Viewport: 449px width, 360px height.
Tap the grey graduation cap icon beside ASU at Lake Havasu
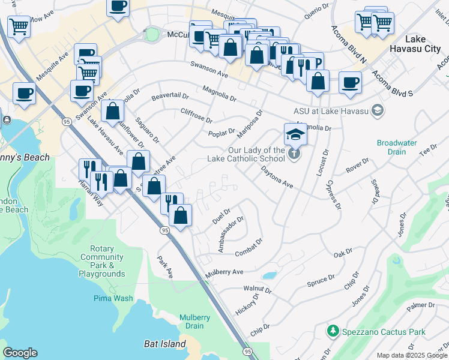pos(378,110)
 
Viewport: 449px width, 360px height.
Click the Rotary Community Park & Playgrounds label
pos(101,261)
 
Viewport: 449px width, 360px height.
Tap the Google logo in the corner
pos(20,353)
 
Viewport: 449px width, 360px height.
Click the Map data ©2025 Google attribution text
pos(411,355)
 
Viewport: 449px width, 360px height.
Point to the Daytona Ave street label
pos(276,178)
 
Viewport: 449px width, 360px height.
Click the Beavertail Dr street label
pos(170,96)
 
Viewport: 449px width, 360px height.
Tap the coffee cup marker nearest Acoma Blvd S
pos(350,83)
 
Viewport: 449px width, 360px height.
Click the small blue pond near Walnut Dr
pos(270,276)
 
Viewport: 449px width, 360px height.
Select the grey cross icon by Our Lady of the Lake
pos(294,153)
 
